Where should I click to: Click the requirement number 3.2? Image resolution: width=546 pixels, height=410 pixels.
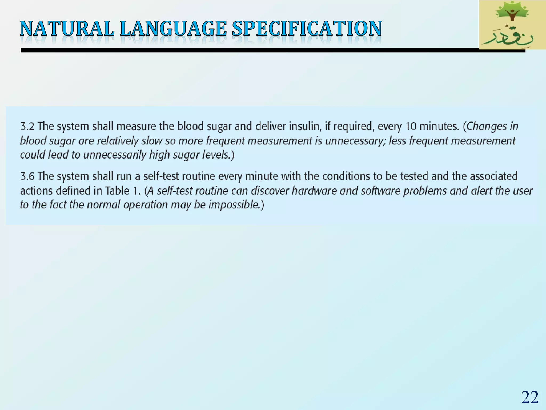[27, 126]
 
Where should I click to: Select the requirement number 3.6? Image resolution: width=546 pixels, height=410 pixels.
[27, 176]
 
